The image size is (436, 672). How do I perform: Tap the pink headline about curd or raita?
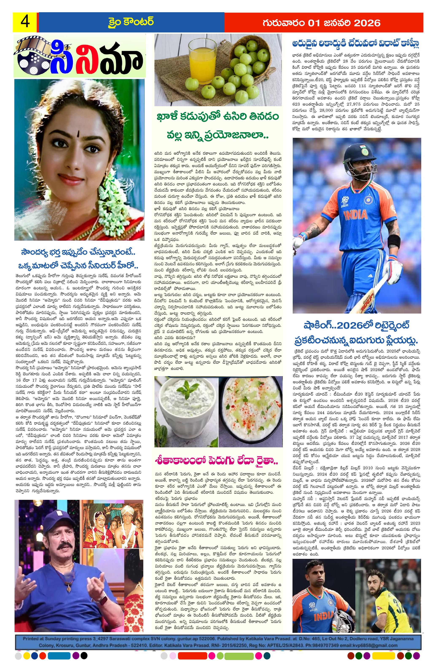tap(217, 461)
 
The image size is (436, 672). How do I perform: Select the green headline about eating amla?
tap(217, 126)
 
